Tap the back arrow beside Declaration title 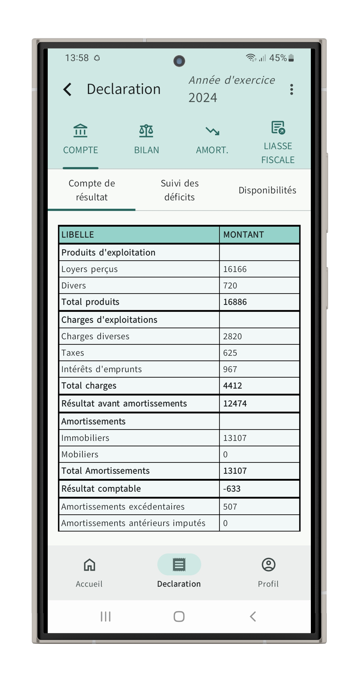click(x=67, y=89)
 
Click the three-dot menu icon click(x=291, y=90)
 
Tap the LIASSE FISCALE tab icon click(x=278, y=128)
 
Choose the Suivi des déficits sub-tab click(x=180, y=190)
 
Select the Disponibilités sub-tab click(x=267, y=190)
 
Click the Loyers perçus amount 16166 click(x=235, y=269)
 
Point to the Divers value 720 click(x=230, y=286)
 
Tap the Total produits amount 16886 click(x=235, y=302)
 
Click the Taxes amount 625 click(x=230, y=353)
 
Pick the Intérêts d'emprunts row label click(x=101, y=369)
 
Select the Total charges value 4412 click(x=232, y=386)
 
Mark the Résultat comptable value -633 click(x=232, y=489)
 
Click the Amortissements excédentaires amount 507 click(x=230, y=507)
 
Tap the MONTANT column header click(x=243, y=235)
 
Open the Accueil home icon click(x=89, y=565)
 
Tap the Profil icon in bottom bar click(x=268, y=565)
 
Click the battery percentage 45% click(x=278, y=58)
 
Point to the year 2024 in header click(x=203, y=98)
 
